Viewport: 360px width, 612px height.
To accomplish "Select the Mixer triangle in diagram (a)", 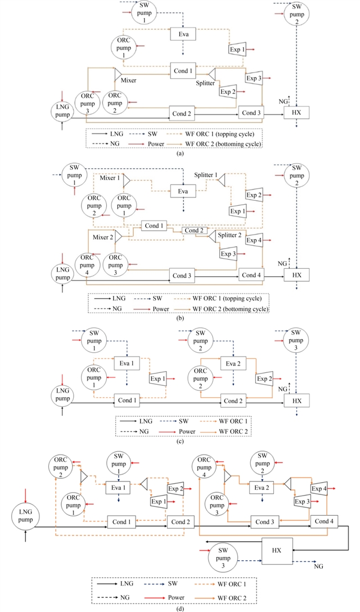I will [118, 74].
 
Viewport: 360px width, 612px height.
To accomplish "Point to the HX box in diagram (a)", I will [297, 112].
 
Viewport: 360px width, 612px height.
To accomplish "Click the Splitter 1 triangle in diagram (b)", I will [221, 179].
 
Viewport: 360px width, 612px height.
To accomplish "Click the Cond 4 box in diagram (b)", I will [251, 275].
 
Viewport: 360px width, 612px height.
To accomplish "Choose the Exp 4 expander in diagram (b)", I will [254, 240].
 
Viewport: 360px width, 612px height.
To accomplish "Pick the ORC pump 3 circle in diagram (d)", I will [216, 503].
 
